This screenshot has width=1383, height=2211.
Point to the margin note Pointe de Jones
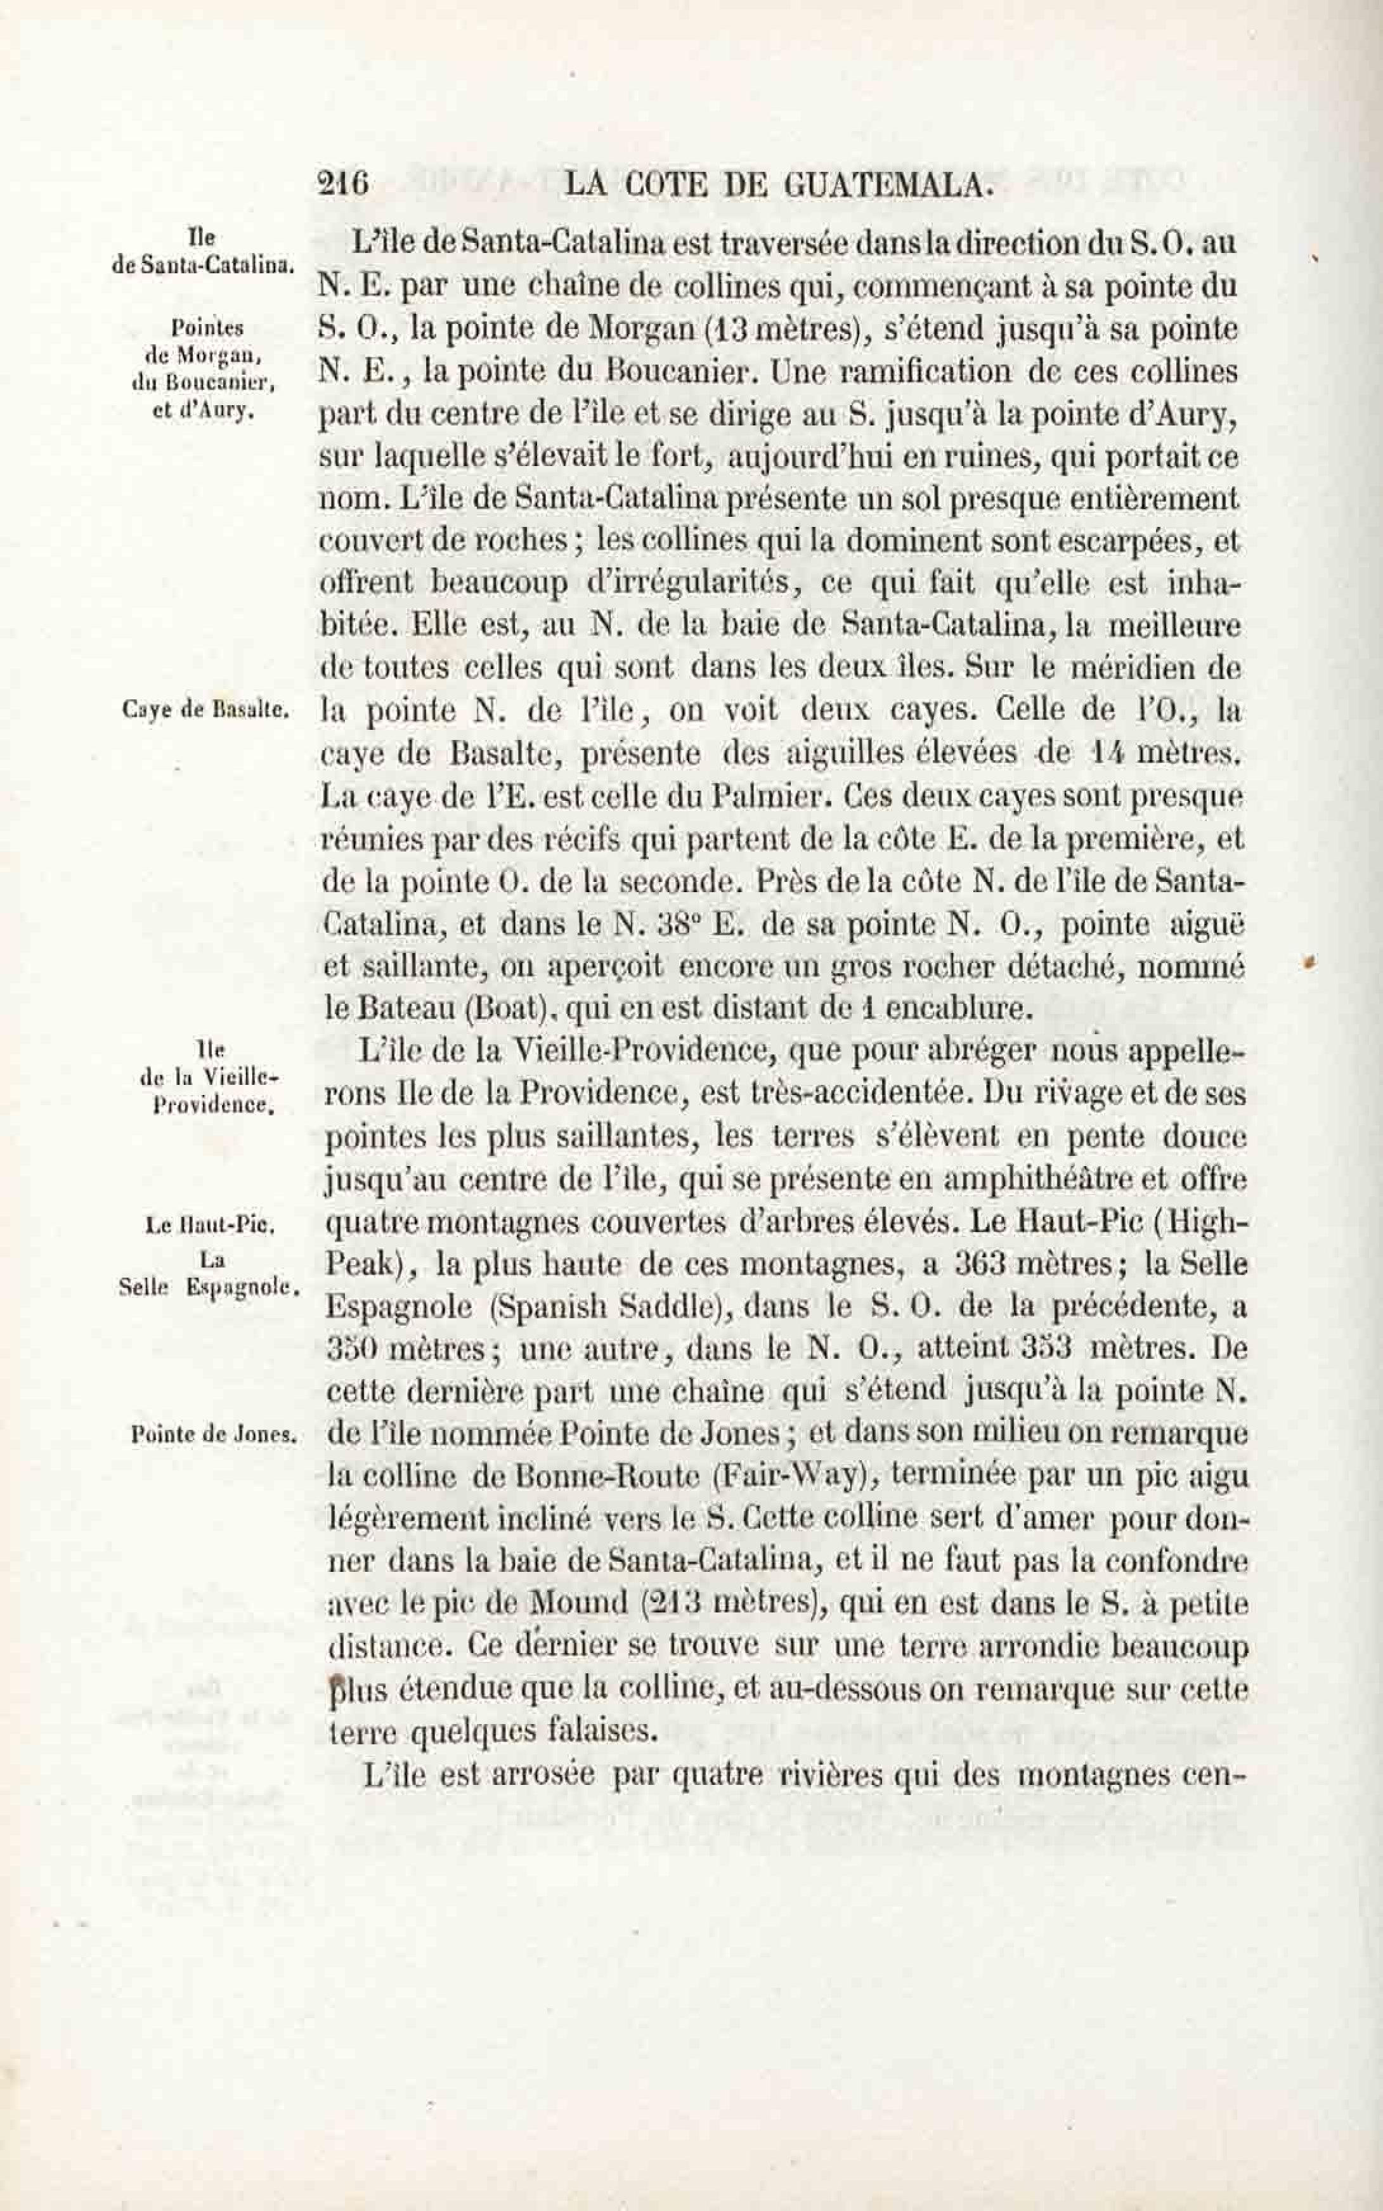[214, 1435]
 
